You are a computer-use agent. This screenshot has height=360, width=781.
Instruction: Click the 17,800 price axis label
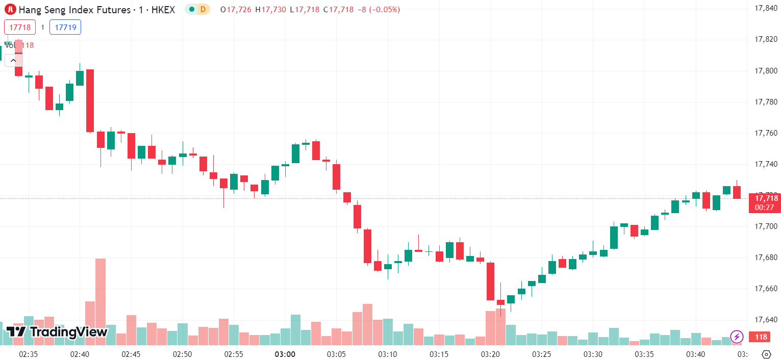766,71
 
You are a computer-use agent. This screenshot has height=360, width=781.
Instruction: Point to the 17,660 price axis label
766,289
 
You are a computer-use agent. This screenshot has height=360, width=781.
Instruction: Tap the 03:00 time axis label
285,354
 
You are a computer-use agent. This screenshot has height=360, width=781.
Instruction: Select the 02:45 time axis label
131,354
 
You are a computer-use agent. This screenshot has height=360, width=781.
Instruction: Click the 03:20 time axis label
490,354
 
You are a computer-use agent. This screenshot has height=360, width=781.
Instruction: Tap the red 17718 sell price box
20,27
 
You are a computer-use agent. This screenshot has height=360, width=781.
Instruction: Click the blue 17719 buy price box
65,27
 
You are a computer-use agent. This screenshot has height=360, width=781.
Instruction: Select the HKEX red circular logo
10,9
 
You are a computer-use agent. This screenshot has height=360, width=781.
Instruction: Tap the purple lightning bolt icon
737,337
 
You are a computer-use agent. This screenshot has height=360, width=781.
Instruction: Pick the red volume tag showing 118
761,337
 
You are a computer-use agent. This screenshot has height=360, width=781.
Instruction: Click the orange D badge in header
203,9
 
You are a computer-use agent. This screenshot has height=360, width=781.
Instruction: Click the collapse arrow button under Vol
13,60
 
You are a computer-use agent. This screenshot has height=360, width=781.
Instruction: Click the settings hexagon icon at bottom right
766,354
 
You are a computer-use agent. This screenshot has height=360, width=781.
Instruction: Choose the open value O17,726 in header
236,9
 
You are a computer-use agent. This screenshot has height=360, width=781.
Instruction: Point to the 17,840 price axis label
766,8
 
